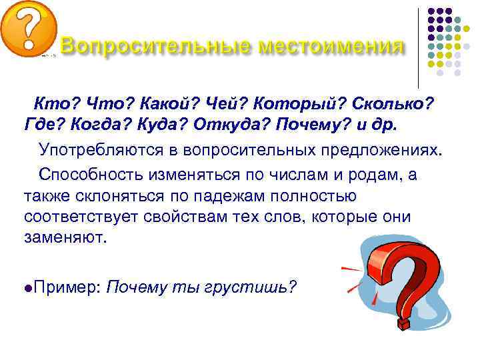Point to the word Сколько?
395,104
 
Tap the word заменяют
65,239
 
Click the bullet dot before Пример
27,287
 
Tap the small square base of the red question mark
404,323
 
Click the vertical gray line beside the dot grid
418,47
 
